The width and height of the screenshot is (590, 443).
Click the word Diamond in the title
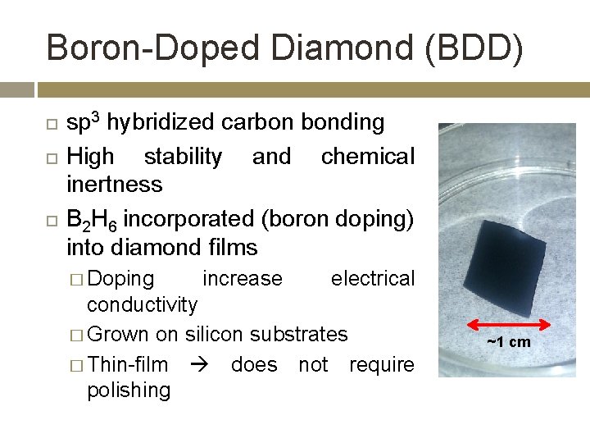click(x=325, y=48)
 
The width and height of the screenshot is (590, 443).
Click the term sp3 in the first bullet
click(x=84, y=123)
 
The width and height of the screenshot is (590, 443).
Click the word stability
click(x=183, y=156)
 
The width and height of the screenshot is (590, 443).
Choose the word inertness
click(x=115, y=184)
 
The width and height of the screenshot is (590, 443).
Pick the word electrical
click(x=373, y=279)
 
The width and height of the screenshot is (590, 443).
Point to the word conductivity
click(x=143, y=305)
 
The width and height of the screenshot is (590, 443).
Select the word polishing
click(x=129, y=390)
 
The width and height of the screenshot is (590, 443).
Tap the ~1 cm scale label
click(x=508, y=342)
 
